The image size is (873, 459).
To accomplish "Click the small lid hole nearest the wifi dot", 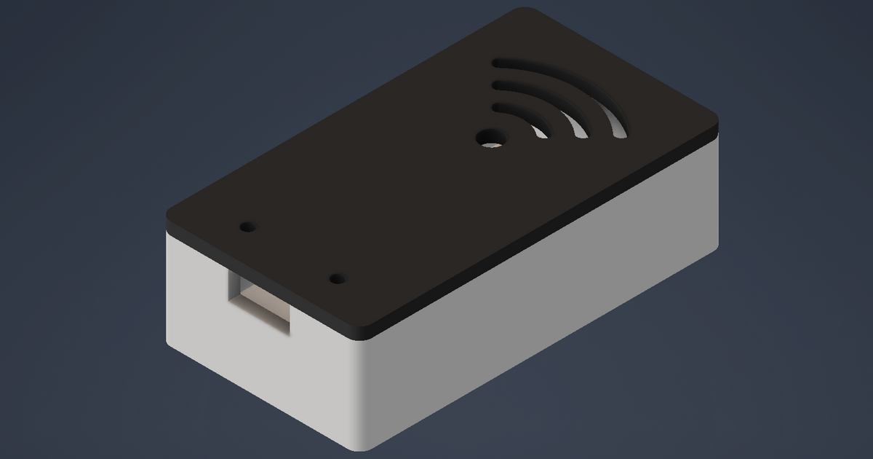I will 337,279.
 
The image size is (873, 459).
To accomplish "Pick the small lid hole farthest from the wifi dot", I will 248,227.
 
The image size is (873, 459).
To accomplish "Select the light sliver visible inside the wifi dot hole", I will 494,144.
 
